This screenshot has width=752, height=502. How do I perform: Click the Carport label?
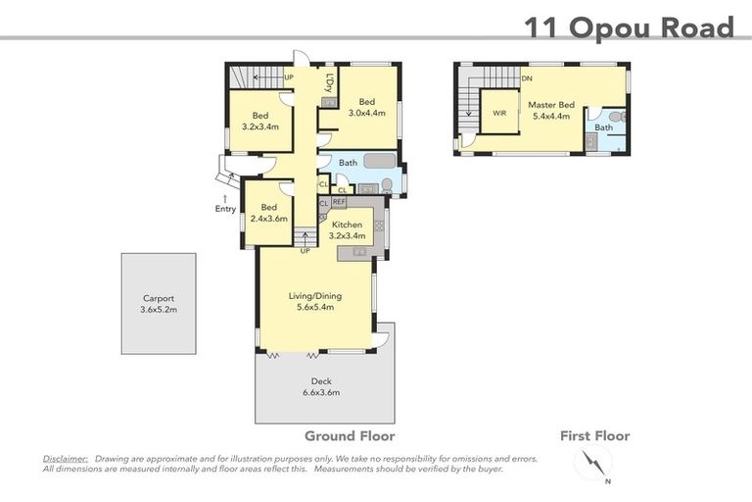pyautogui.click(x=158, y=304)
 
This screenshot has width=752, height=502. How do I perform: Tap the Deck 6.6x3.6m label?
pyautogui.click(x=321, y=387)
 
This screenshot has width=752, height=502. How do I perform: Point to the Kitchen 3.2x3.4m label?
pyautogui.click(x=348, y=230)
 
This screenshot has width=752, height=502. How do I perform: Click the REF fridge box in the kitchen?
pyautogui.click(x=339, y=202)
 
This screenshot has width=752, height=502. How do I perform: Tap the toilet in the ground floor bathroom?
pyautogui.click(x=387, y=185)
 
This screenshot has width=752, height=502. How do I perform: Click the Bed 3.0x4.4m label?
pyautogui.click(x=367, y=107)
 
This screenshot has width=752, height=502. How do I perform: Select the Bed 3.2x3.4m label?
pyautogui.click(x=260, y=121)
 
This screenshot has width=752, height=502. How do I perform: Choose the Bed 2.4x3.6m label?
pyautogui.click(x=269, y=213)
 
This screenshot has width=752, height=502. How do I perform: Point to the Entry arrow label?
pyautogui.click(x=225, y=204)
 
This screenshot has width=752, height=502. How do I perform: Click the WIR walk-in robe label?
pyautogui.click(x=499, y=113)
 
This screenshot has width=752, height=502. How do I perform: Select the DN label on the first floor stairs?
pyautogui.click(x=527, y=78)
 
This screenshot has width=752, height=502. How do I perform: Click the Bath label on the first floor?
pyautogui.click(x=603, y=127)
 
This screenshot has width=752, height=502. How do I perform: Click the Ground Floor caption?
pyautogui.click(x=350, y=436)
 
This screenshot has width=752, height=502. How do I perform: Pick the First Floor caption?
pyautogui.click(x=594, y=436)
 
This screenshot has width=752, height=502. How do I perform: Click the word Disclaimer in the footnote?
pyautogui.click(x=66, y=458)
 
